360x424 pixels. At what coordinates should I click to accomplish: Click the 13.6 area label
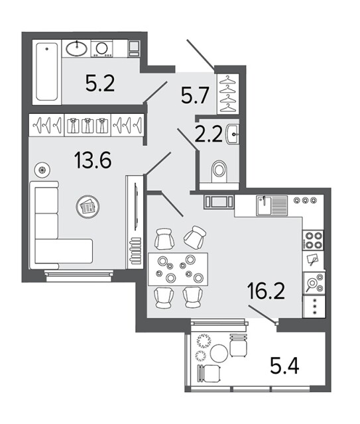pyautogui.click(x=92, y=160)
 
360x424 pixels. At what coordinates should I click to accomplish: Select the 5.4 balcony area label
pyautogui.click(x=285, y=365)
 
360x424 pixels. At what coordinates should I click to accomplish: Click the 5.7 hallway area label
pyautogui.click(x=195, y=96)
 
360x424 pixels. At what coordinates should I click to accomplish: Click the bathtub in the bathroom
pyautogui.click(x=47, y=72)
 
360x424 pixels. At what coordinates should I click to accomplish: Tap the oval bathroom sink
pyautogui.click(x=77, y=49)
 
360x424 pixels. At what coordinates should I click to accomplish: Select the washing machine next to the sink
pyautogui.click(x=102, y=48)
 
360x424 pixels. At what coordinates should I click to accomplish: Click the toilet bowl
pyautogui.click(x=219, y=170)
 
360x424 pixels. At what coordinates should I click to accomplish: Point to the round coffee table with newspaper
pyautogui.click(x=88, y=207)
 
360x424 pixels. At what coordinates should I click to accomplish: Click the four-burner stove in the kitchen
pyautogui.click(x=314, y=240)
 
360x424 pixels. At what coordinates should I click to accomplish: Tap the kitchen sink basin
pyautogui.click(x=264, y=205)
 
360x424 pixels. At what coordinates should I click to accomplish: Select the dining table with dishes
pyautogui.click(x=178, y=270)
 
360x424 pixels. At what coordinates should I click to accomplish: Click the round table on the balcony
pyautogui.click(x=219, y=353)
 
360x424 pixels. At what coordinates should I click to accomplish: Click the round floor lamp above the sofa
pyautogui.click(x=42, y=170)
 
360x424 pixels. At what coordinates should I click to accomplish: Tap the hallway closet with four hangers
pyautogui.click(x=228, y=94)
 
